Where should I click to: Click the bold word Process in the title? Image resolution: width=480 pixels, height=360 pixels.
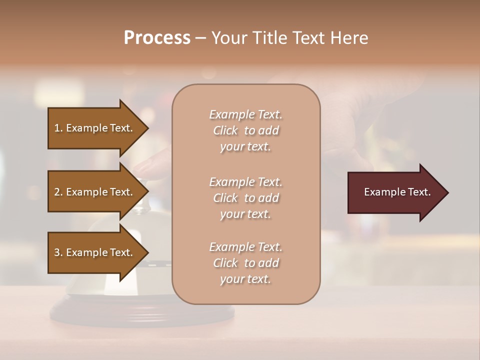157,37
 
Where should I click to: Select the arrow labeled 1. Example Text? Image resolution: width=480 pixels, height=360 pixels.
95,128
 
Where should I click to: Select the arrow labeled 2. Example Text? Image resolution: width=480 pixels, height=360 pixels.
95,192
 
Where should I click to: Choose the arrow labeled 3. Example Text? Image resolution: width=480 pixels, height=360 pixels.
95,252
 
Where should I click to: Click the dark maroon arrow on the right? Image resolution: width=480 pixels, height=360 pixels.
395,192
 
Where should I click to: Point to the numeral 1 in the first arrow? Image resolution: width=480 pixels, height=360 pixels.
57,128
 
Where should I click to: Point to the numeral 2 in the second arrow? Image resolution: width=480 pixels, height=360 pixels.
57,192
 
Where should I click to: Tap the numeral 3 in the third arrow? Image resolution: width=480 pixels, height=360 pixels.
57,252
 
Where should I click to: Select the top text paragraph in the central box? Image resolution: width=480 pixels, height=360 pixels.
245,130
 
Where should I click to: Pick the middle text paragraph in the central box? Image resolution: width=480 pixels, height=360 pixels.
245,198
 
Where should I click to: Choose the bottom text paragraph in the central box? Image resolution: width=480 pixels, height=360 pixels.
245,263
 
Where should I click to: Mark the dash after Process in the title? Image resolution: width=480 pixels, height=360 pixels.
200,38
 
